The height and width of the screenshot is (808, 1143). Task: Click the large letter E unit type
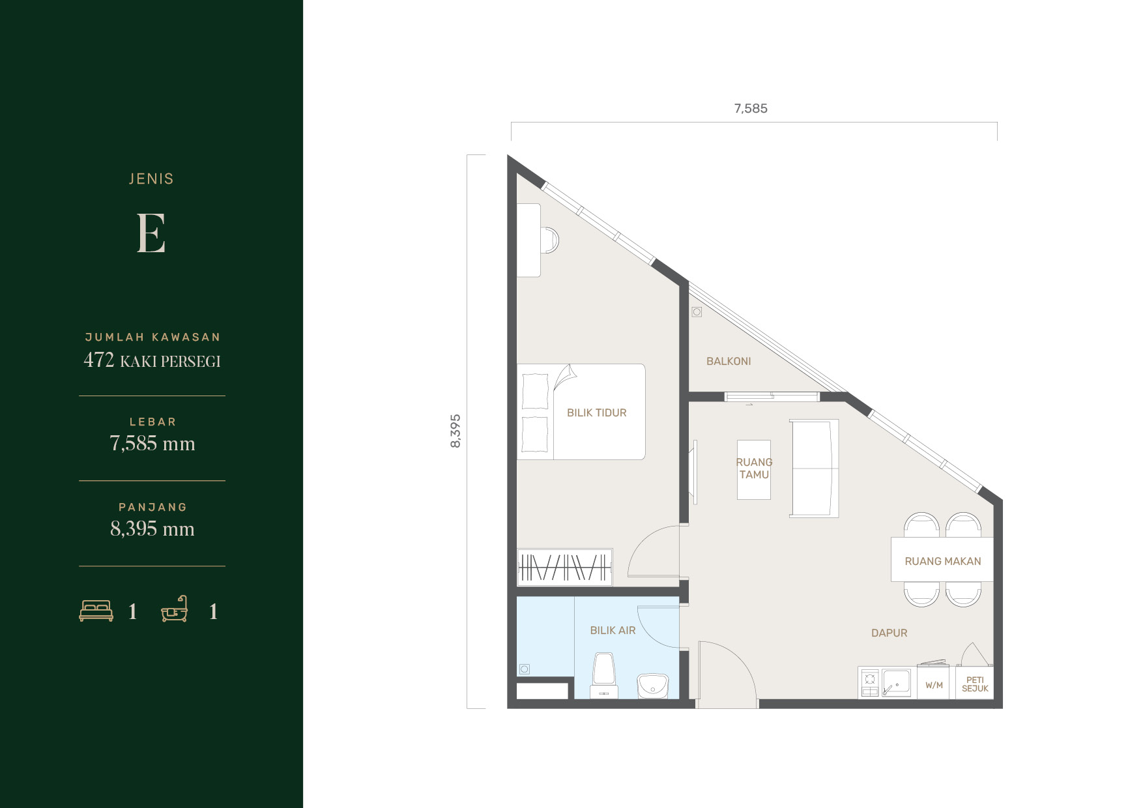coord(151,233)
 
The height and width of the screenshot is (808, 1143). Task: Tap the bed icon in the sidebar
coord(96,611)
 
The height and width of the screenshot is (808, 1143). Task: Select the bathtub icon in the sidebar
coord(175,609)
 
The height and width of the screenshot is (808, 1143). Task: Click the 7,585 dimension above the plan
coord(751,109)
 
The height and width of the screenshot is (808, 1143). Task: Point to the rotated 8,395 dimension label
coord(456,431)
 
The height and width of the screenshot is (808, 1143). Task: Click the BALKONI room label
coord(729,361)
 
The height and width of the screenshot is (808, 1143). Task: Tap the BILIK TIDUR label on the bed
coord(596,412)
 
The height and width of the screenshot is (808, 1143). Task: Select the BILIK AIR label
coord(613,630)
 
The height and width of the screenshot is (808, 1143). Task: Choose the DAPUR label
coord(889,633)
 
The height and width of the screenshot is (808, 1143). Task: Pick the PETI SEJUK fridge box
coord(975,683)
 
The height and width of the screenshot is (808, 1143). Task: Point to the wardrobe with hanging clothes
coord(564,567)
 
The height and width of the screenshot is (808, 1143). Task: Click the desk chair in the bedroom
coord(549,240)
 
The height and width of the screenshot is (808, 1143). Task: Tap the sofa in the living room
coord(814,469)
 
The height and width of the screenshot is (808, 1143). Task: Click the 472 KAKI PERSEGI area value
coord(152,360)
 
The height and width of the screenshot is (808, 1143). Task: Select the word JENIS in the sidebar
coord(151,179)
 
